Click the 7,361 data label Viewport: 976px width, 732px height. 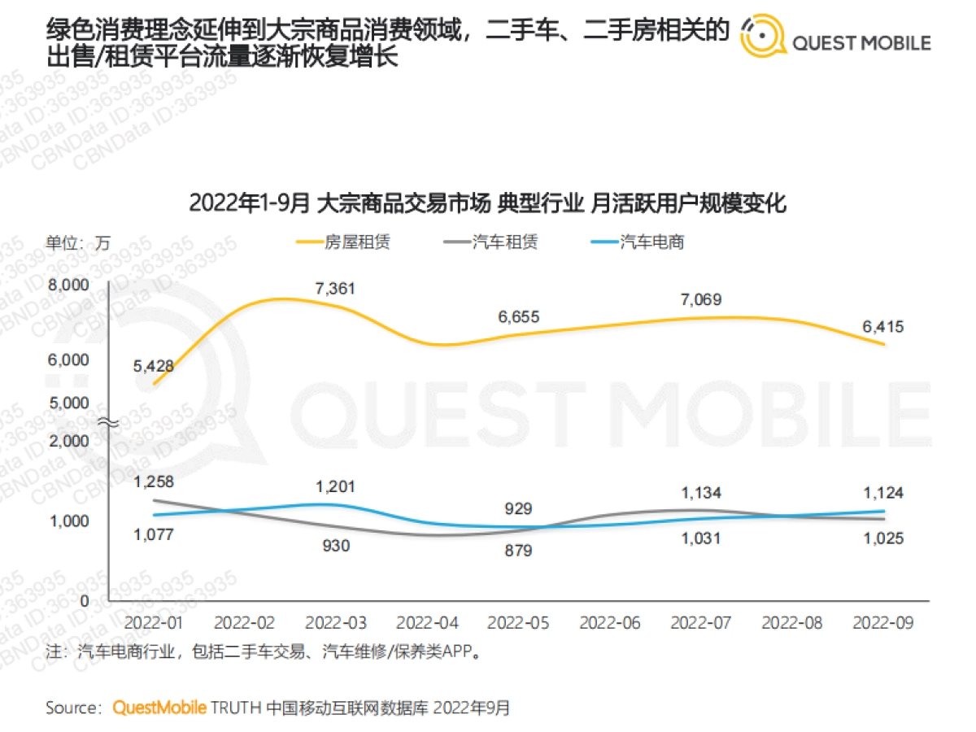pyautogui.click(x=335, y=288)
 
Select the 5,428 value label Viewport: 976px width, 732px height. pyautogui.click(x=154, y=365)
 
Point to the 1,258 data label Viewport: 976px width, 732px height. pyautogui.click(x=154, y=483)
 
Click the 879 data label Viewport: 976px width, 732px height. pyautogui.click(x=517, y=551)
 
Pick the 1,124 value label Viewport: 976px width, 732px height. pyautogui.click(x=883, y=493)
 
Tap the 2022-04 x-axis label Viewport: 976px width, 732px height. pyautogui.click(x=427, y=623)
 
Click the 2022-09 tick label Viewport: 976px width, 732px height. pyautogui.click(x=883, y=623)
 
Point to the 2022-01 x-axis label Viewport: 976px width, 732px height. pyautogui.click(x=155, y=623)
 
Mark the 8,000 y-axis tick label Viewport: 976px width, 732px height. pyautogui.click(x=68, y=285)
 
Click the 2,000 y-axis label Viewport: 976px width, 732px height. pyautogui.click(x=68, y=441)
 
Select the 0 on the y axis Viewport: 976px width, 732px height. pyautogui.click(x=84, y=599)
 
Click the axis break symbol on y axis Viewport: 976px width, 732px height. pyautogui.click(x=109, y=422)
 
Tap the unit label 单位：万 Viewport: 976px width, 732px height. pyautogui.click(x=77, y=242)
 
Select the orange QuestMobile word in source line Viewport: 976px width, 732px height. pyautogui.click(x=159, y=708)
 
